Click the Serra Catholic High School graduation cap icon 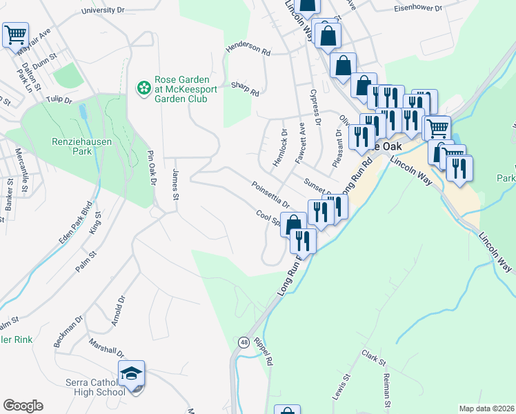tap(131, 374)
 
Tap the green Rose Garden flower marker tap(143, 88)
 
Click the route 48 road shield tap(244, 342)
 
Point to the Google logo tap(23, 406)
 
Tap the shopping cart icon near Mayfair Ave tap(15, 34)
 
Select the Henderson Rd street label tap(247, 49)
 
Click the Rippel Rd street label tap(264, 351)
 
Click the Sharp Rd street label tap(244, 88)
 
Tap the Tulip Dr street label tap(59, 99)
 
